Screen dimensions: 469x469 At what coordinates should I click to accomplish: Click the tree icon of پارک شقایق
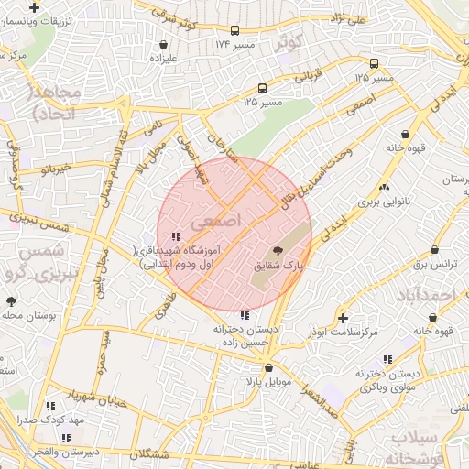click(x=278, y=250)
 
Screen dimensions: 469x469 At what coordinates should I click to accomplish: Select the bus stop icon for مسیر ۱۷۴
click(x=235, y=29)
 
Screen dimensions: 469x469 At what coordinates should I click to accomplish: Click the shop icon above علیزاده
click(x=163, y=43)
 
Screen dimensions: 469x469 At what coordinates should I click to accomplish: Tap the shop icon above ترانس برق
click(x=432, y=250)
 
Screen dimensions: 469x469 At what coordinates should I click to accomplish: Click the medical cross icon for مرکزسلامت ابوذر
click(x=343, y=318)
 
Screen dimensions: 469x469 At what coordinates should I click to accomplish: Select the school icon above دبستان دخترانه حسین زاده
click(x=243, y=315)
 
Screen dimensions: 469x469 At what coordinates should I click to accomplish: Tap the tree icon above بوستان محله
click(x=11, y=300)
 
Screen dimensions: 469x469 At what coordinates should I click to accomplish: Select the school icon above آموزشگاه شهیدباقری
click(x=176, y=235)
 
